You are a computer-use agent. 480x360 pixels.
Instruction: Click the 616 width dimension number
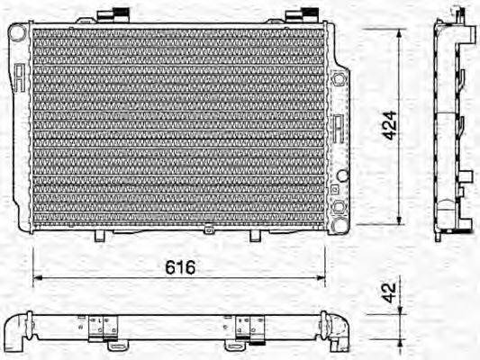click(179, 267)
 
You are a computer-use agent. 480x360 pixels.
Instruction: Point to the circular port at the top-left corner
click(16, 31)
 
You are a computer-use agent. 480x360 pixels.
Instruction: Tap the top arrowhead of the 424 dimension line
click(399, 32)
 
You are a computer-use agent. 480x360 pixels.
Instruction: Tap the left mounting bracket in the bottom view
click(106, 330)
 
